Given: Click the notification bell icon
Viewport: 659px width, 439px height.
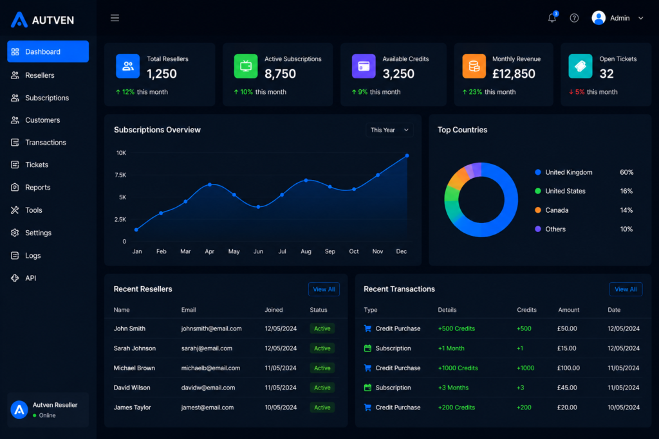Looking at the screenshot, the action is pyautogui.click(x=552, y=17).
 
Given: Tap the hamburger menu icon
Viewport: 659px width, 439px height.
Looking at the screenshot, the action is pyautogui.click(x=115, y=18).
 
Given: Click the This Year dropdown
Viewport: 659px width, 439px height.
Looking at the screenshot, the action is pyautogui.click(x=389, y=130).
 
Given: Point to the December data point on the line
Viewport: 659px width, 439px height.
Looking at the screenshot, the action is pyautogui.click(x=407, y=156).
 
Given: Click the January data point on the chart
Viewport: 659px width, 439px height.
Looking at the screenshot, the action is pyautogui.click(x=136, y=229).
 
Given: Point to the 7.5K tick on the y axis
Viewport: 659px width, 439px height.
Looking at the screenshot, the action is pyautogui.click(x=120, y=175).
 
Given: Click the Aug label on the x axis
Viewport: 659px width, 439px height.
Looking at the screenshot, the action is pyautogui.click(x=306, y=251).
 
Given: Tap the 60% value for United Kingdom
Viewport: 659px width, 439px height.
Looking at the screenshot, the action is pyautogui.click(x=626, y=172).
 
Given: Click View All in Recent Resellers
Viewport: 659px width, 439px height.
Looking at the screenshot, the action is pyautogui.click(x=324, y=289).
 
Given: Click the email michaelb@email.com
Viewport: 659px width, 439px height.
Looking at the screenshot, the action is pyautogui.click(x=210, y=368).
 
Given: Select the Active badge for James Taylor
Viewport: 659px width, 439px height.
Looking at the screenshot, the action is pyautogui.click(x=322, y=408).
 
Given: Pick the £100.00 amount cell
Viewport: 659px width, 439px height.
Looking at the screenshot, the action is pyautogui.click(x=568, y=368).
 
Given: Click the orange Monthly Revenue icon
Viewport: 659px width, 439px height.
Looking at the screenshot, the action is pyautogui.click(x=474, y=66).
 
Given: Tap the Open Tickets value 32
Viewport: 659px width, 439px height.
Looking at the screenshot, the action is pyautogui.click(x=606, y=74).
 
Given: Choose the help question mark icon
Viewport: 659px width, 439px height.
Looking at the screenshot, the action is pyautogui.click(x=574, y=18).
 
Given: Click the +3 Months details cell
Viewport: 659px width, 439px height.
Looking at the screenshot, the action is pyautogui.click(x=453, y=388).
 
